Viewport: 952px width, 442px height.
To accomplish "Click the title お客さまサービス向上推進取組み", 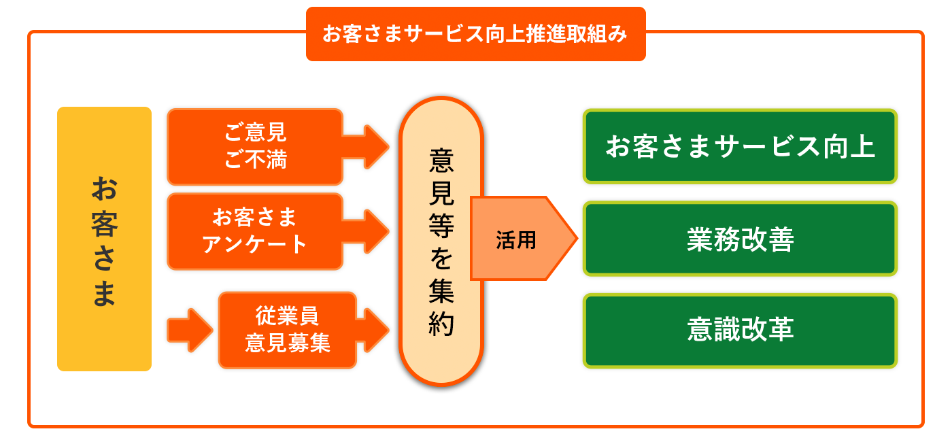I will click(475, 34).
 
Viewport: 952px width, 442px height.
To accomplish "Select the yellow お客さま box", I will click(104, 239).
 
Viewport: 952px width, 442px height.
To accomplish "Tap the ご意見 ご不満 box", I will click(255, 146).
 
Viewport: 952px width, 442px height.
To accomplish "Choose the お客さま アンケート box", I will click(255, 231).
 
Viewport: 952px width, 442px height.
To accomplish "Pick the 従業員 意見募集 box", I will click(287, 330).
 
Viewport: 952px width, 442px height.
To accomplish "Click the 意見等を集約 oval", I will click(441, 241).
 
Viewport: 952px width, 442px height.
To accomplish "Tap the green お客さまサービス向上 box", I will click(740, 146).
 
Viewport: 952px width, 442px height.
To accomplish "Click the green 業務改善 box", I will click(740, 239).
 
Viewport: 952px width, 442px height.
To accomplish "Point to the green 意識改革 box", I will click(740, 330).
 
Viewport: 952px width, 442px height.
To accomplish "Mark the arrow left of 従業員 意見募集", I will click(189, 330).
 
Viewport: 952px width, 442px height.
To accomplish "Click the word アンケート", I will click(255, 244).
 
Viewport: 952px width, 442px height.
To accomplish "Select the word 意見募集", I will click(287, 343).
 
